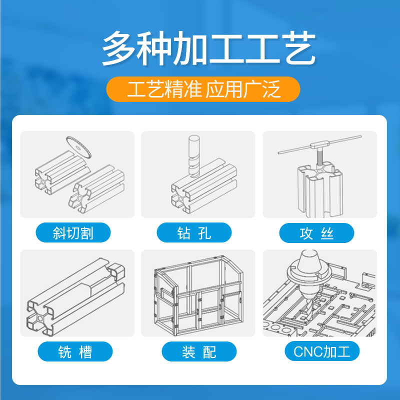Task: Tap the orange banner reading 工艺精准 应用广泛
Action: [x=203, y=89]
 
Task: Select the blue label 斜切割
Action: [x=73, y=233]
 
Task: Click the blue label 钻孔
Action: [x=194, y=233]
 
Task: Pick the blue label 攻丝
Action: [x=316, y=233]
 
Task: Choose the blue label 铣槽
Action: [x=75, y=351]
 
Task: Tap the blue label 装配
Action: [x=198, y=351]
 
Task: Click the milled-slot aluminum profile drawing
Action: [x=75, y=295]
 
